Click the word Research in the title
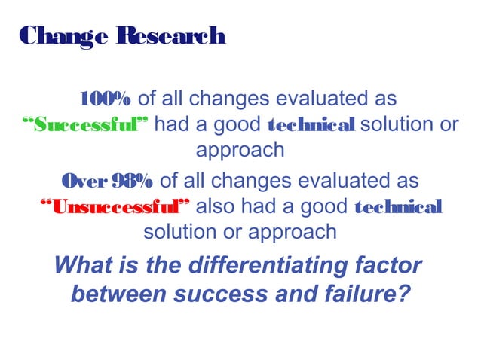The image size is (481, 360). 170,35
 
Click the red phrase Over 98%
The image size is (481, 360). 108,182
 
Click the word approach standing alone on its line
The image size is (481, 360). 240,149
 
